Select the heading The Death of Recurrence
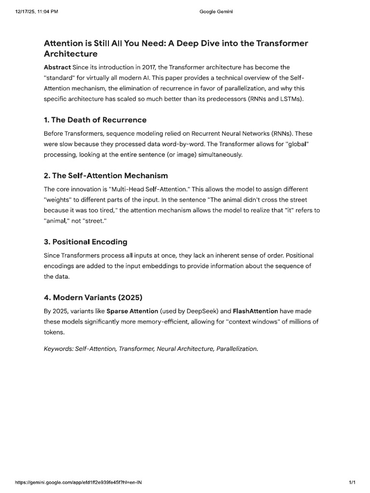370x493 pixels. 95,119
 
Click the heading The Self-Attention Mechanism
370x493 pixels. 106,175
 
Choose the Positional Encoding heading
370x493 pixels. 85,241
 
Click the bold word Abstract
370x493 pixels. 57,67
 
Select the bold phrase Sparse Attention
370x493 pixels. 132,311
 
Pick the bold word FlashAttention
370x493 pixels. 255,311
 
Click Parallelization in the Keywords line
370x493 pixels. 237,349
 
